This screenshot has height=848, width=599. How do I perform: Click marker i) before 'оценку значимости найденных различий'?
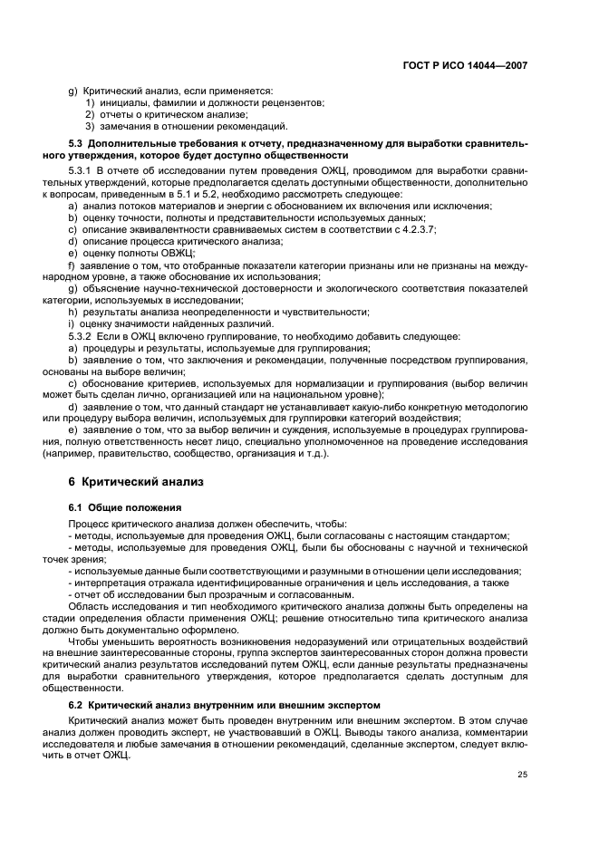(x=72, y=324)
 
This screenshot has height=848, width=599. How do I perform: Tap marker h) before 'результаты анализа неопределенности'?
(x=72, y=313)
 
